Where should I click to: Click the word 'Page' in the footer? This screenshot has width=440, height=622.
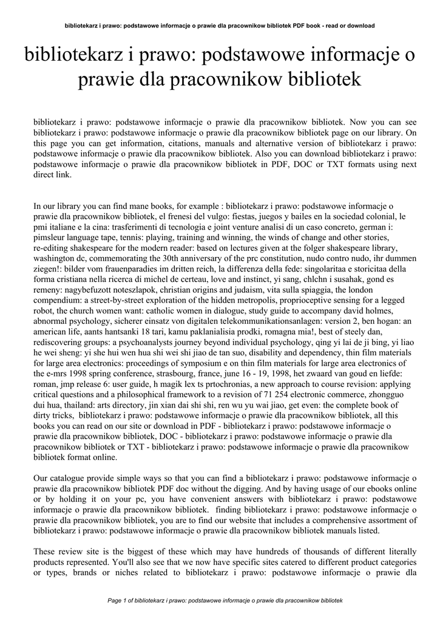point(114,601)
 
